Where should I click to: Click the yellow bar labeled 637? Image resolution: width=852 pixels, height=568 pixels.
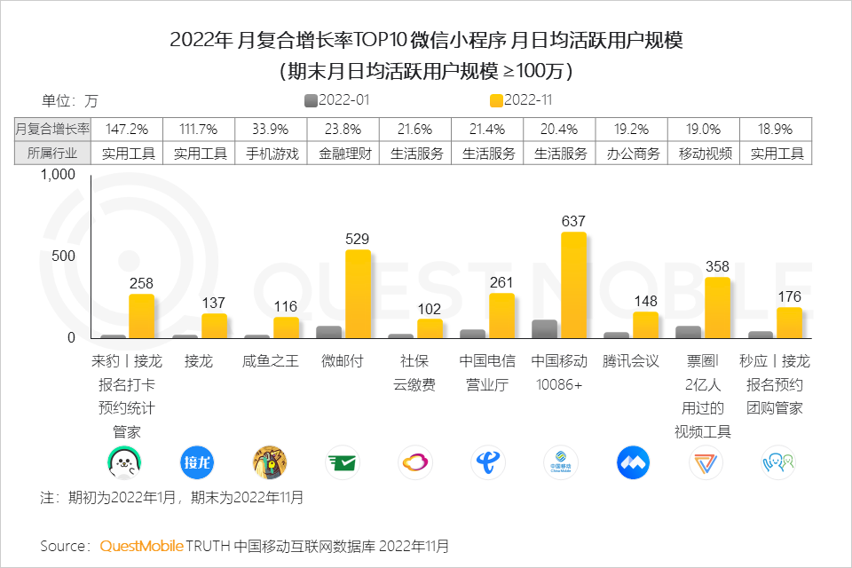(573, 285)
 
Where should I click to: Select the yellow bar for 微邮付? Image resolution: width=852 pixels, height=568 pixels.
(358, 294)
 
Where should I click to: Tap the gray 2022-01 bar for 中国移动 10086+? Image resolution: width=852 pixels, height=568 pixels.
(544, 329)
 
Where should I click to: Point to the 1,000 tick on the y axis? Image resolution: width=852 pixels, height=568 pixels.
(59, 175)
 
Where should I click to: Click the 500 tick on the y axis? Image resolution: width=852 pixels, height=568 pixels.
(67, 256)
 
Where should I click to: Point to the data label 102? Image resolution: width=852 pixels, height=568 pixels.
(430, 308)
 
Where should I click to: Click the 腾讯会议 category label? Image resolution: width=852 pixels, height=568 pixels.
(632, 362)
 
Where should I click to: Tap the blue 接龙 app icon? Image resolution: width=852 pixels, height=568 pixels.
(197, 461)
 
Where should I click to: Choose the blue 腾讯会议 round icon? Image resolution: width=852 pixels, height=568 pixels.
(633, 461)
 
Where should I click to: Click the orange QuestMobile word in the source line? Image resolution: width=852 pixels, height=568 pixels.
(141, 545)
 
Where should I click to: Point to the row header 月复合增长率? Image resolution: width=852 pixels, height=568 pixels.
(53, 129)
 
